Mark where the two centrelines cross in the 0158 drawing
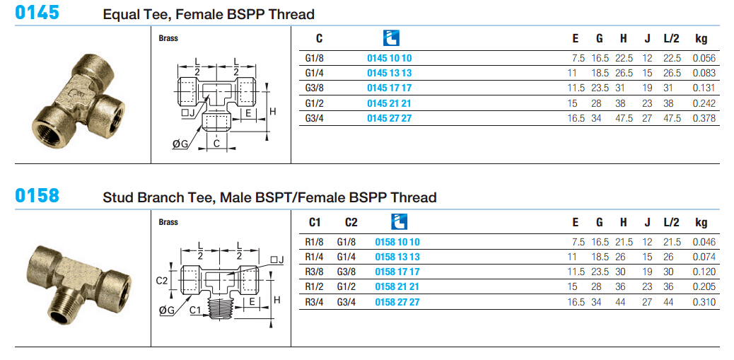pos(219,280)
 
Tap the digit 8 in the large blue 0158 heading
pos(54,194)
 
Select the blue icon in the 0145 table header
pos(391,38)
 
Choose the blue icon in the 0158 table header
pos(400,221)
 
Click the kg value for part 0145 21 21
pos(704,103)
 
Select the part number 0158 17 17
pos(397,272)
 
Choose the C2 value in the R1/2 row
pos(346,287)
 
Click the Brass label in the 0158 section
pos(168,222)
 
